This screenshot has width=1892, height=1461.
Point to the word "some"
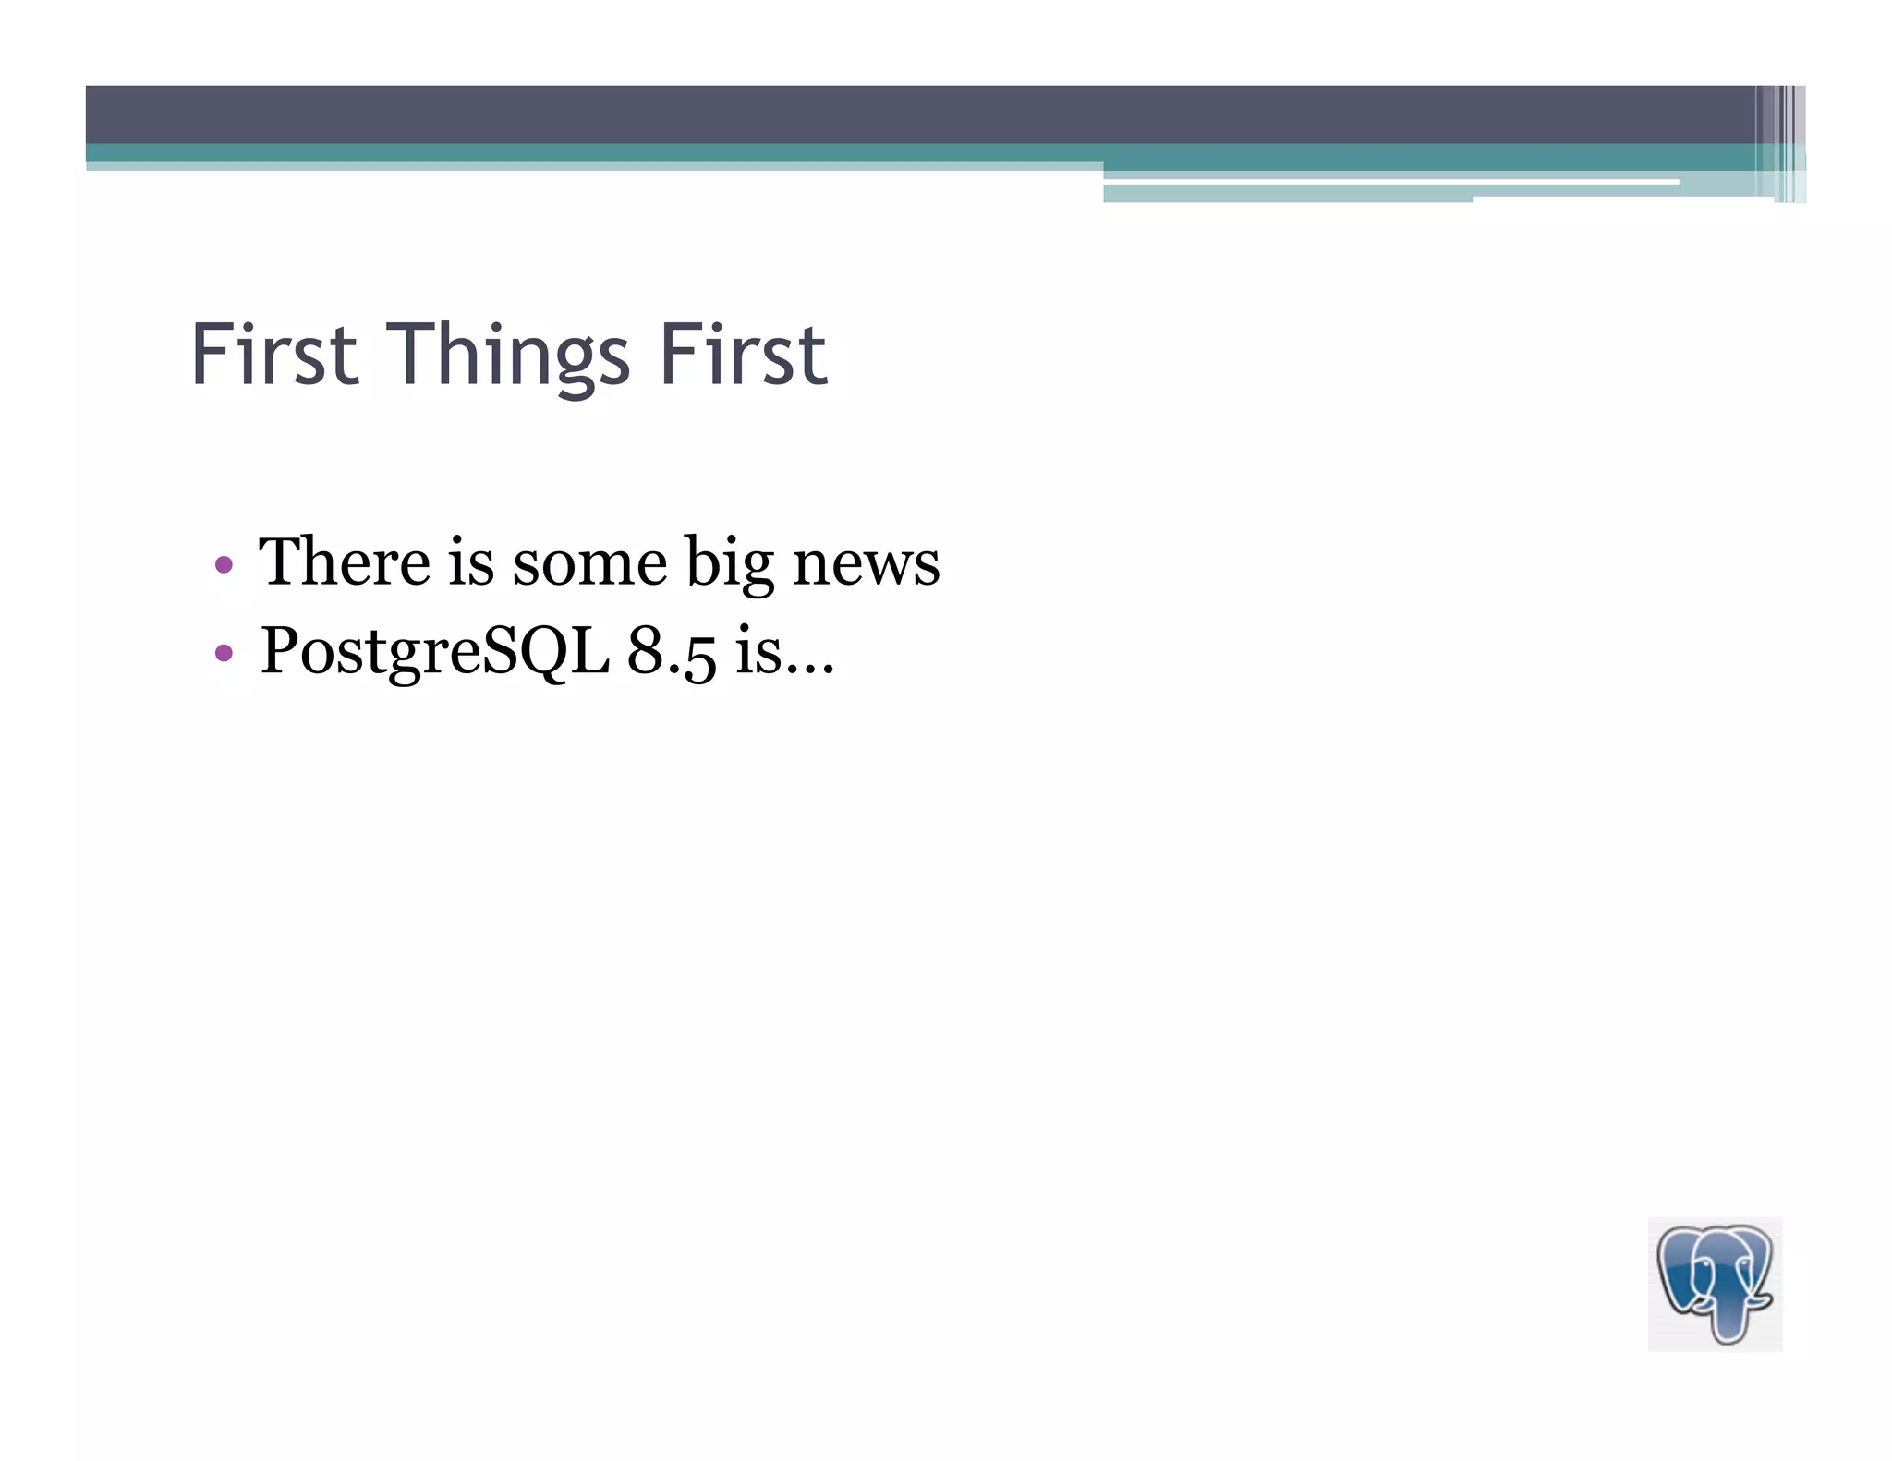point(589,563)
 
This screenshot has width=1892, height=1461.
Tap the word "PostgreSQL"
point(434,652)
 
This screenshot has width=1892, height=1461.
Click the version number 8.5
point(672,650)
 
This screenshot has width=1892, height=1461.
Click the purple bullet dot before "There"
point(223,564)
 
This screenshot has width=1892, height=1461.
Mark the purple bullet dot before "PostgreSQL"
point(223,653)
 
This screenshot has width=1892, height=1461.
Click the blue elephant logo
point(1715,1284)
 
